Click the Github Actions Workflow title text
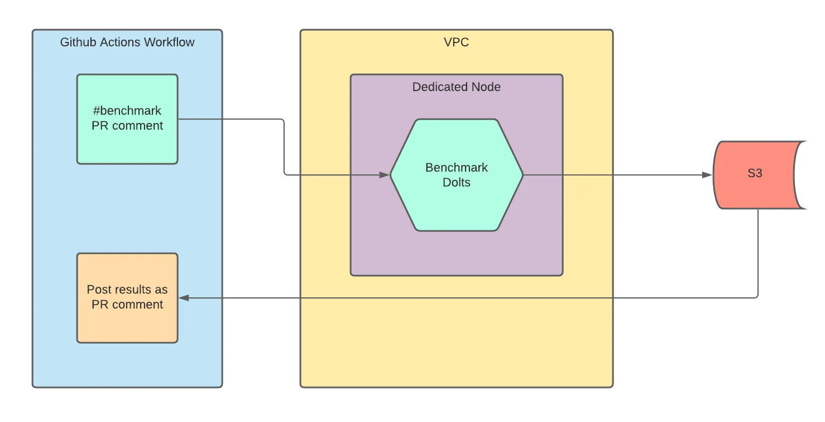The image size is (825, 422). tap(127, 42)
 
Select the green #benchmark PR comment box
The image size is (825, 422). tap(127, 118)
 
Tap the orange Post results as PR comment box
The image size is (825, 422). tap(127, 297)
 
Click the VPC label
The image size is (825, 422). tap(456, 42)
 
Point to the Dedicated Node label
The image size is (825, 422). tap(456, 87)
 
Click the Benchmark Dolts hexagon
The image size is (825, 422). tap(456, 175)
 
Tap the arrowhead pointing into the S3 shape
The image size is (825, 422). tap(707, 175)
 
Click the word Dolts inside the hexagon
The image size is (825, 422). tap(457, 183)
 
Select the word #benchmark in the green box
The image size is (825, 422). tap(127, 111)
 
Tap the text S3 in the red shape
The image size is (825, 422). tap(755, 173)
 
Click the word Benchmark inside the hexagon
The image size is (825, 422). tap(457, 168)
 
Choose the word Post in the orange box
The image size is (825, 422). tap(98, 290)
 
